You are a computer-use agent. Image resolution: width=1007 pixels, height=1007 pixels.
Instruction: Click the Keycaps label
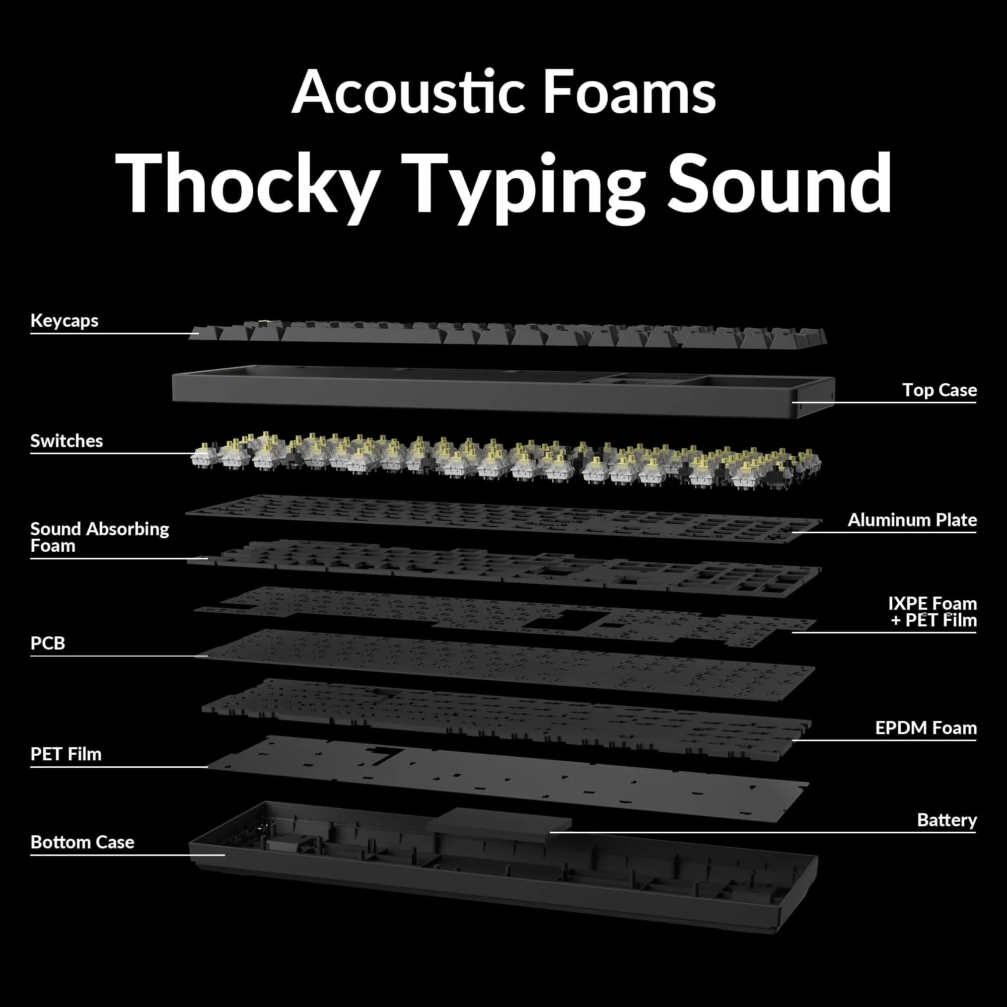click(64, 321)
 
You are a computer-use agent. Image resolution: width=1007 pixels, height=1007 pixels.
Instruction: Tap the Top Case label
click(939, 390)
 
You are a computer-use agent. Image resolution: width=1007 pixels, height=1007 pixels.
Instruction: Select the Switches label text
click(67, 441)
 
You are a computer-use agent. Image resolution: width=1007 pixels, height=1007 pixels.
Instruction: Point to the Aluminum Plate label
click(912, 520)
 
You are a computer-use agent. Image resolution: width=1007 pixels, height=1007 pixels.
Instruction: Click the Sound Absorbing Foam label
click(100, 537)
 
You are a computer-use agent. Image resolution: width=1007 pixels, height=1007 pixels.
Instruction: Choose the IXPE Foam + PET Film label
click(932, 612)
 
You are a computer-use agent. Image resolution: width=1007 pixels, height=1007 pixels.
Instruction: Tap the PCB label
click(47, 643)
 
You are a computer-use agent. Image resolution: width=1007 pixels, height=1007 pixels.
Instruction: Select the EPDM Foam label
click(926, 728)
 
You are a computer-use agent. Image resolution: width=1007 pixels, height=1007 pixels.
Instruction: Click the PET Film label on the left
click(65, 754)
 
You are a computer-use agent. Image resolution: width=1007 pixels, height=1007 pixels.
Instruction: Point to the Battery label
click(947, 820)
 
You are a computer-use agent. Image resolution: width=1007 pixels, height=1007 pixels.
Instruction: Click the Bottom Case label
click(83, 842)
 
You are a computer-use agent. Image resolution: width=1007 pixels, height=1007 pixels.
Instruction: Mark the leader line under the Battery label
click(762, 832)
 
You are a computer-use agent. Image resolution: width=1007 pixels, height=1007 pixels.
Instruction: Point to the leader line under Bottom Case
click(128, 855)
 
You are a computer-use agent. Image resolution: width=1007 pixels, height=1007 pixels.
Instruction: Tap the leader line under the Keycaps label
click(115, 333)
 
